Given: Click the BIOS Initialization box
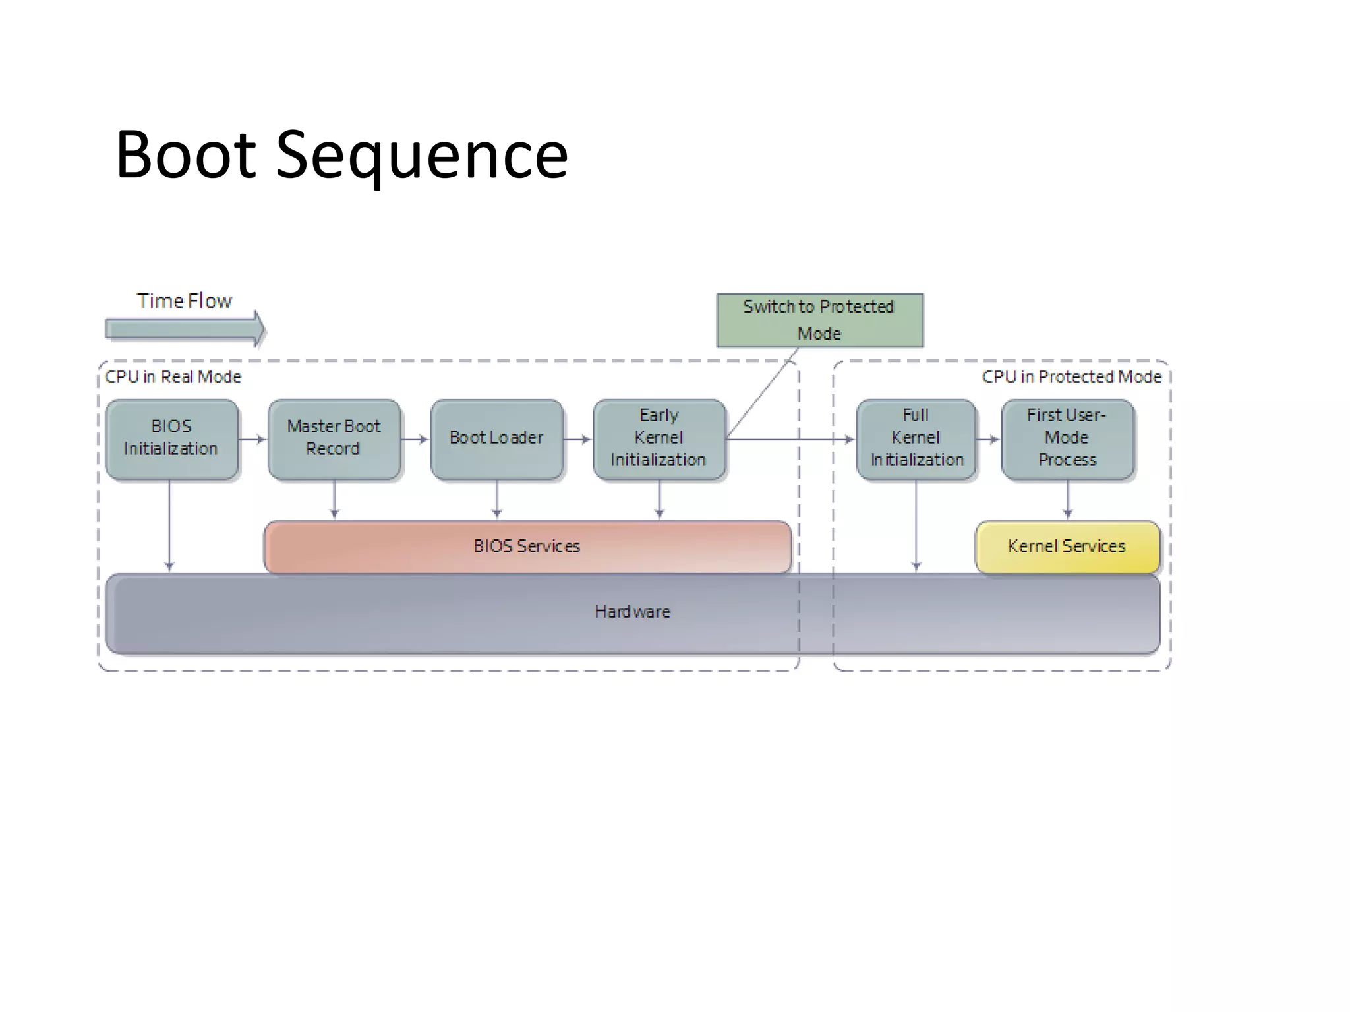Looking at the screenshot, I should tap(171, 438).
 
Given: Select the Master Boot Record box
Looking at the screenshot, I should tap(334, 438).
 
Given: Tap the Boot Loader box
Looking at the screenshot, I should tap(496, 438).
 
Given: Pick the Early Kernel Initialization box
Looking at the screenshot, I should tap(659, 438).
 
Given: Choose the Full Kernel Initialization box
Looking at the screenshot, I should tap(916, 438).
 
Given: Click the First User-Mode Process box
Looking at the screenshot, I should tap(1067, 438).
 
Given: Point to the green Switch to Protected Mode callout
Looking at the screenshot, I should tap(819, 320).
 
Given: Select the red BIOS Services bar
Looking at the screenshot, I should tap(527, 547).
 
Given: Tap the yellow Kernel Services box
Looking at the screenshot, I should tap(1067, 547).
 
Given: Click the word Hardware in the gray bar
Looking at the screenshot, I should tap(632, 612).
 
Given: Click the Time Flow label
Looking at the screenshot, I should tap(185, 301).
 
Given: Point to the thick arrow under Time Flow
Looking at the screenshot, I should tap(185, 328).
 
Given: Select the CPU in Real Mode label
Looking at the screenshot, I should tap(173, 376).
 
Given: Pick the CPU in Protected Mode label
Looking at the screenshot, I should tap(1071, 376).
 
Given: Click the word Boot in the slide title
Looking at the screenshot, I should tap(186, 155).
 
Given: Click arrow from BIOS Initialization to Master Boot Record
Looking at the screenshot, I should tap(252, 439).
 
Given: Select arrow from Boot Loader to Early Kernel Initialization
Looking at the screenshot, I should tap(577, 439).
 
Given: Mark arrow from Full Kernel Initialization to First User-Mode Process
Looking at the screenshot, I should tap(988, 439).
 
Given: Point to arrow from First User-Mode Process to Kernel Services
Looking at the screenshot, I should tap(1067, 500).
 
